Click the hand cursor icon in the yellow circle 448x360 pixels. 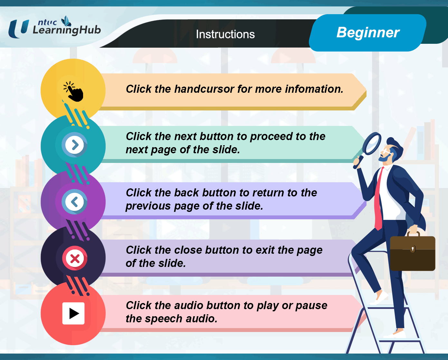pos(73,91)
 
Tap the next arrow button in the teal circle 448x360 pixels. pos(74,145)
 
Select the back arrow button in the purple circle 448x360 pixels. pos(74,202)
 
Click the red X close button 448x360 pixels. pos(74,258)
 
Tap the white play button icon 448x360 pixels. pos(73,313)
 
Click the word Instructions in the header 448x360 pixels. pos(225,34)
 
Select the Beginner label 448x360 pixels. pos(368,33)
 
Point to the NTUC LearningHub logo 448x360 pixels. pos(54,27)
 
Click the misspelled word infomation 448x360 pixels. pos(314,89)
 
